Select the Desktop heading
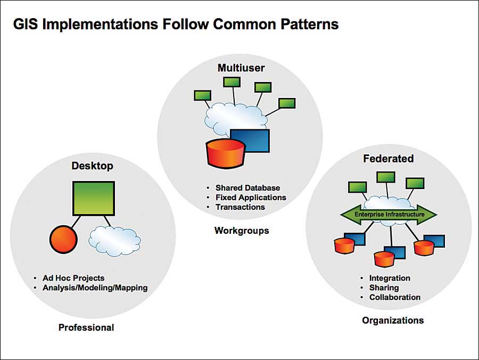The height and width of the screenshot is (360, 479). pyautogui.click(x=93, y=166)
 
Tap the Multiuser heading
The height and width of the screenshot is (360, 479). pyautogui.click(x=241, y=68)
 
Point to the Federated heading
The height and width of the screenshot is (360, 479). pyautogui.click(x=389, y=158)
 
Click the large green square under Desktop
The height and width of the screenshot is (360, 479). pyautogui.click(x=93, y=199)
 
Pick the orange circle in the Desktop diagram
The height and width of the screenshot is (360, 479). pyautogui.click(x=64, y=239)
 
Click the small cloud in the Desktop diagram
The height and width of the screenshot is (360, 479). pyautogui.click(x=115, y=238)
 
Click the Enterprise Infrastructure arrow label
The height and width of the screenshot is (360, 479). pyautogui.click(x=389, y=214)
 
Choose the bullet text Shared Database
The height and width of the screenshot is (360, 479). pyautogui.click(x=247, y=187)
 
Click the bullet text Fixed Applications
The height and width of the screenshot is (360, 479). pyautogui.click(x=251, y=197)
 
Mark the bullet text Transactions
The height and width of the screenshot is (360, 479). pyautogui.click(x=240, y=207)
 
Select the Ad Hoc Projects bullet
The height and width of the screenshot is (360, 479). pyautogui.click(x=73, y=277)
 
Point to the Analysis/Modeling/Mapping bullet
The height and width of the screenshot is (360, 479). pyautogui.click(x=95, y=288)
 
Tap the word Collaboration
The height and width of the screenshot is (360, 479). pyautogui.click(x=395, y=297)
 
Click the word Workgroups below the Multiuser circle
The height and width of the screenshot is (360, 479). pyautogui.click(x=242, y=231)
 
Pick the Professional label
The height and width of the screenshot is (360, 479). pyautogui.click(x=86, y=327)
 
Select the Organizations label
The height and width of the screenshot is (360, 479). pyautogui.click(x=393, y=320)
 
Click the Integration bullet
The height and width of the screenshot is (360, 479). pyautogui.click(x=390, y=278)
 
